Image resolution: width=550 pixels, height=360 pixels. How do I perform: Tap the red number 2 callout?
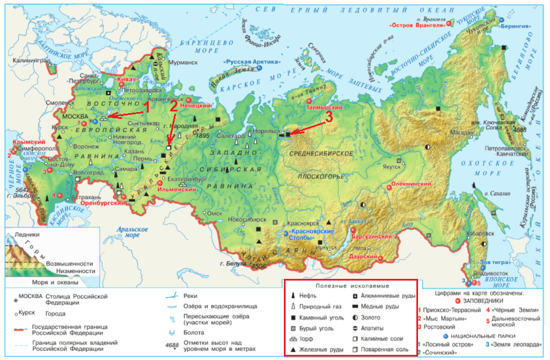174,106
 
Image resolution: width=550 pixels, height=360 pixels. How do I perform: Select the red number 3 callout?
328,117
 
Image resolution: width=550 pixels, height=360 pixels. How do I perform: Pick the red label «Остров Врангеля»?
417,26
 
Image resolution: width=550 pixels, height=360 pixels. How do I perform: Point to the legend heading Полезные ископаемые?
351,286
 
